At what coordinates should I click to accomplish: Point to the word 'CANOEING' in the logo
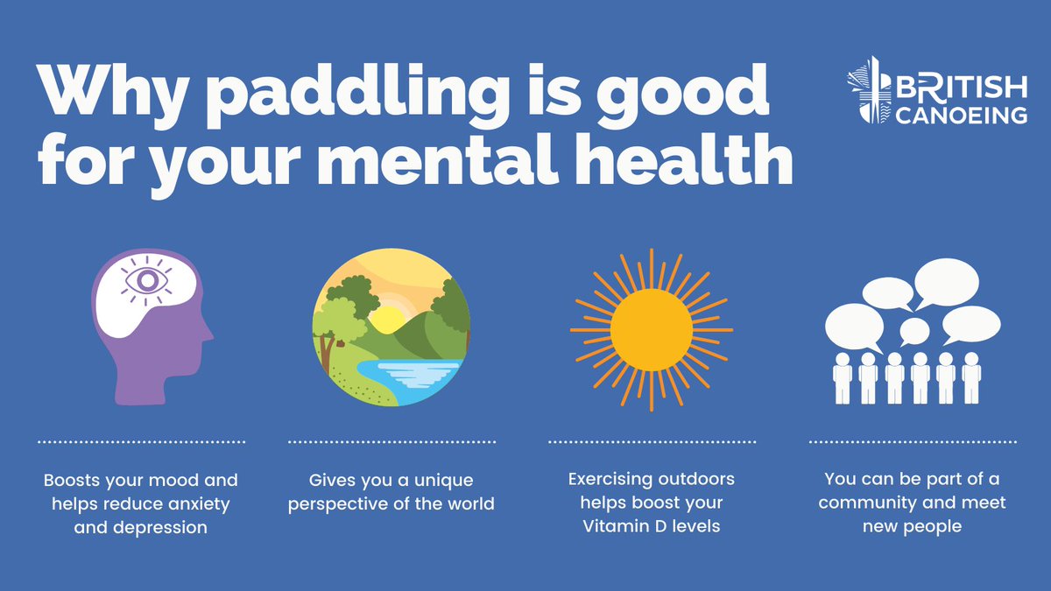(961, 116)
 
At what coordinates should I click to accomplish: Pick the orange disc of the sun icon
(651, 329)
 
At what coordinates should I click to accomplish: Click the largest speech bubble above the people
(946, 283)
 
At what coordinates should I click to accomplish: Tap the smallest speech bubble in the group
(914, 331)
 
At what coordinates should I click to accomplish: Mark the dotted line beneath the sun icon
(652, 441)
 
